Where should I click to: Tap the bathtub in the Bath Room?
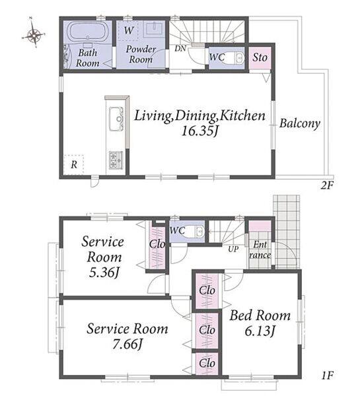pos(87,32)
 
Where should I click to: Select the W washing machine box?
pos(128,30)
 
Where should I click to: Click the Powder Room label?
pos(141,54)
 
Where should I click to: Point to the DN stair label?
pos(180,48)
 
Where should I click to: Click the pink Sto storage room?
pos(260,57)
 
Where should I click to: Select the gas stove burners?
pos(116,160)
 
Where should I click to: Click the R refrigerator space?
pos(73,164)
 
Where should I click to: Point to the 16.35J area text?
pos(199,131)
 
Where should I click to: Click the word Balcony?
pos(300,123)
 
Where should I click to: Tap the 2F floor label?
pos(328,186)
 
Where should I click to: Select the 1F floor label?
pos(328,376)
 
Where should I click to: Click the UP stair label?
pos(233,249)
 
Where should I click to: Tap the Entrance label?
pos(260,249)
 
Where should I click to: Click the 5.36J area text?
pos(104,273)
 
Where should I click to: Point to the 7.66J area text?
pos(128,344)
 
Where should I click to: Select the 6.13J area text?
pos(260,331)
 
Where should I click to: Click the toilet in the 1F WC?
pos(194,231)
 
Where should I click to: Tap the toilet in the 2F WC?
pos(233,58)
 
